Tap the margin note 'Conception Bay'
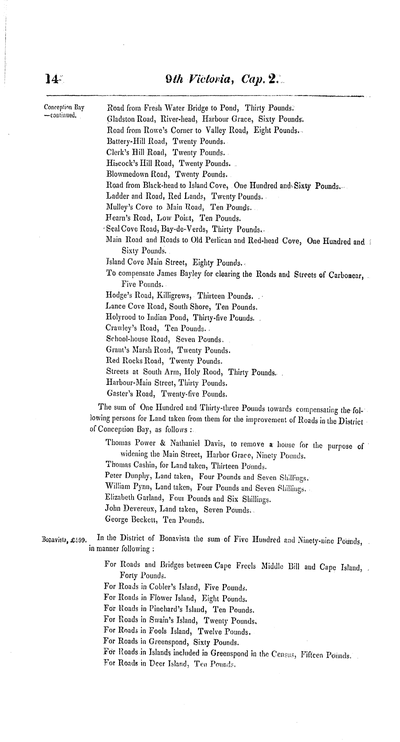pyautogui.click(x=64, y=108)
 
